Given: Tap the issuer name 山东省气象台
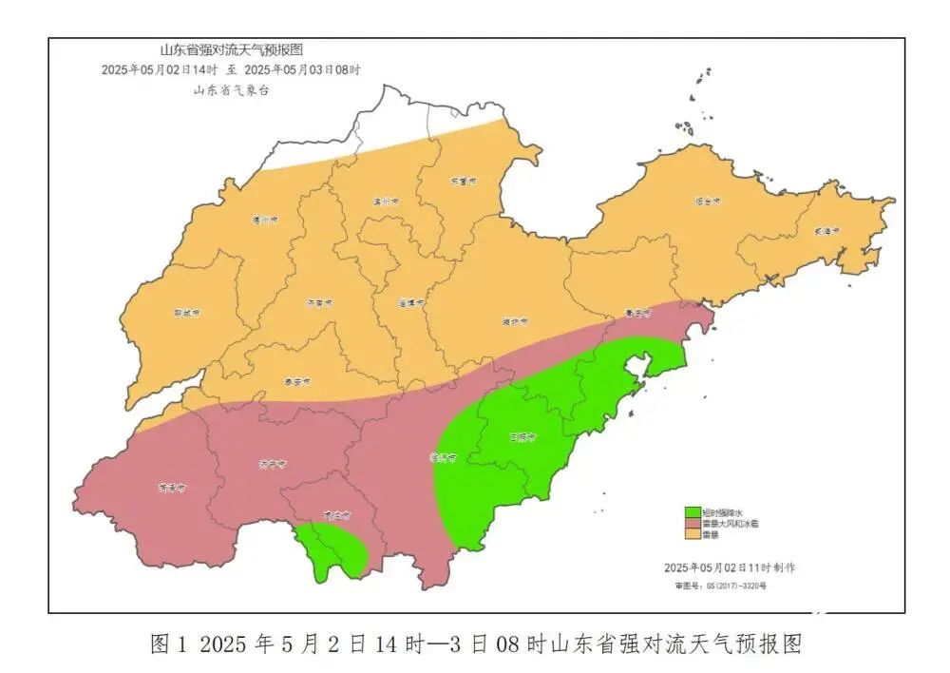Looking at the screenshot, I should click(x=232, y=90).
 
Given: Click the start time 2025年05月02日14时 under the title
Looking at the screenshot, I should click(x=160, y=70).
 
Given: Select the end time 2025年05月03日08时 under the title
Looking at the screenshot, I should click(x=302, y=70).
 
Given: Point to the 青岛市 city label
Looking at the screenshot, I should click(x=638, y=313).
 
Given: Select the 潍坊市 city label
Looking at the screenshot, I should click(x=514, y=322).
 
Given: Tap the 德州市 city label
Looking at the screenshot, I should click(x=264, y=220).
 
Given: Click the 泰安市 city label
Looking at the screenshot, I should click(x=298, y=382).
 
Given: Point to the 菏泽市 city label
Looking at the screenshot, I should click(x=171, y=489).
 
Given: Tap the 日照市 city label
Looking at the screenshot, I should click(x=522, y=438).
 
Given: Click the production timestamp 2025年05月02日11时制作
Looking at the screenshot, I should click(x=730, y=567).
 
